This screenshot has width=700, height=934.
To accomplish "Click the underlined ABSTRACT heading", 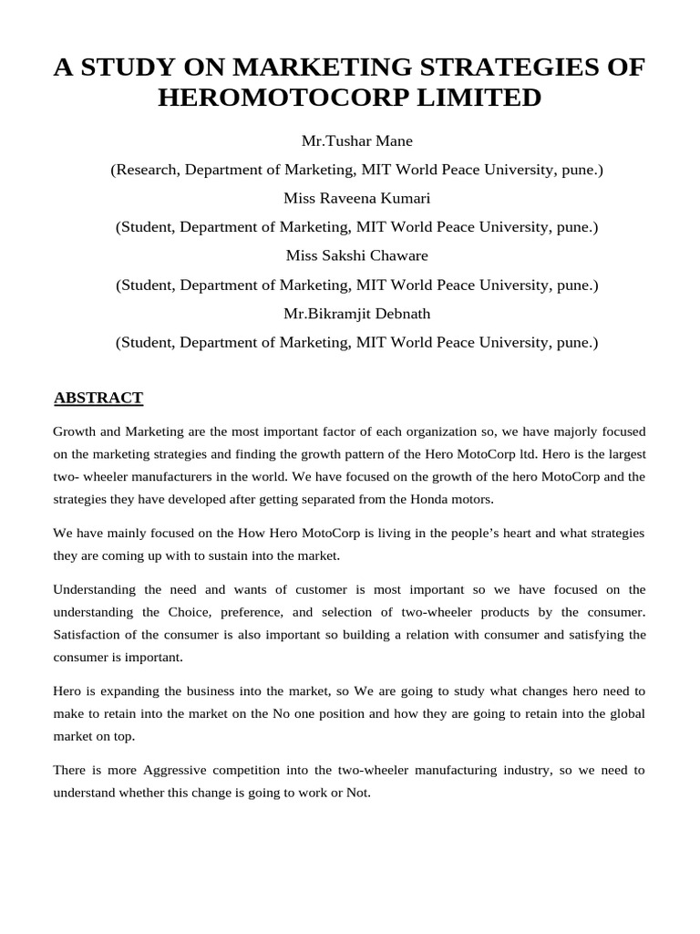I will tap(98, 398).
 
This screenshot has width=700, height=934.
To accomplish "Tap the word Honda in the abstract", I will tap(413, 499).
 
